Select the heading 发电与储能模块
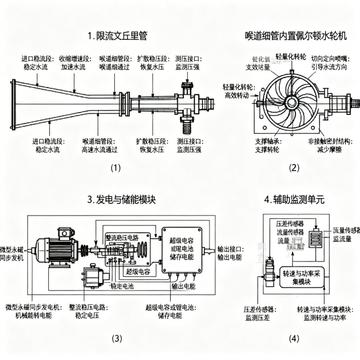click(121, 200)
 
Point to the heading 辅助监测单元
click(294, 200)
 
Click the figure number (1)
click(115, 167)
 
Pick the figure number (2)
click(294, 167)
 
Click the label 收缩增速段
click(73, 58)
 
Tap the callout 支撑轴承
click(268, 141)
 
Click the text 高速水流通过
click(102, 149)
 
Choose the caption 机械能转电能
click(32, 315)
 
